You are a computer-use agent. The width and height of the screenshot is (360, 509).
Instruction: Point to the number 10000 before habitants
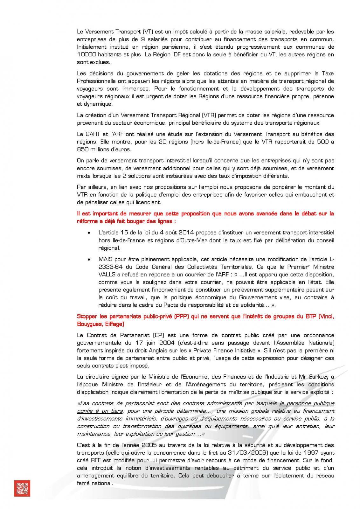(87, 54)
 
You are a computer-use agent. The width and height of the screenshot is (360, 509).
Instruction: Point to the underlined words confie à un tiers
(100, 411)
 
